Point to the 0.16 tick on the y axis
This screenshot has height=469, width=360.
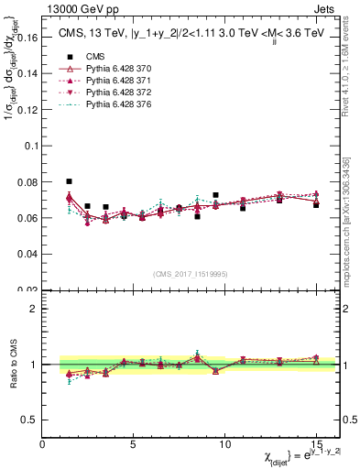tap(26, 39)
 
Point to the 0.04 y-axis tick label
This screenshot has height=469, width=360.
tap(26, 253)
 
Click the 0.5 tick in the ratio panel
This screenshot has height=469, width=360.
tap(29, 420)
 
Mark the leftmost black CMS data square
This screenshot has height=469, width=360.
tap(70, 181)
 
